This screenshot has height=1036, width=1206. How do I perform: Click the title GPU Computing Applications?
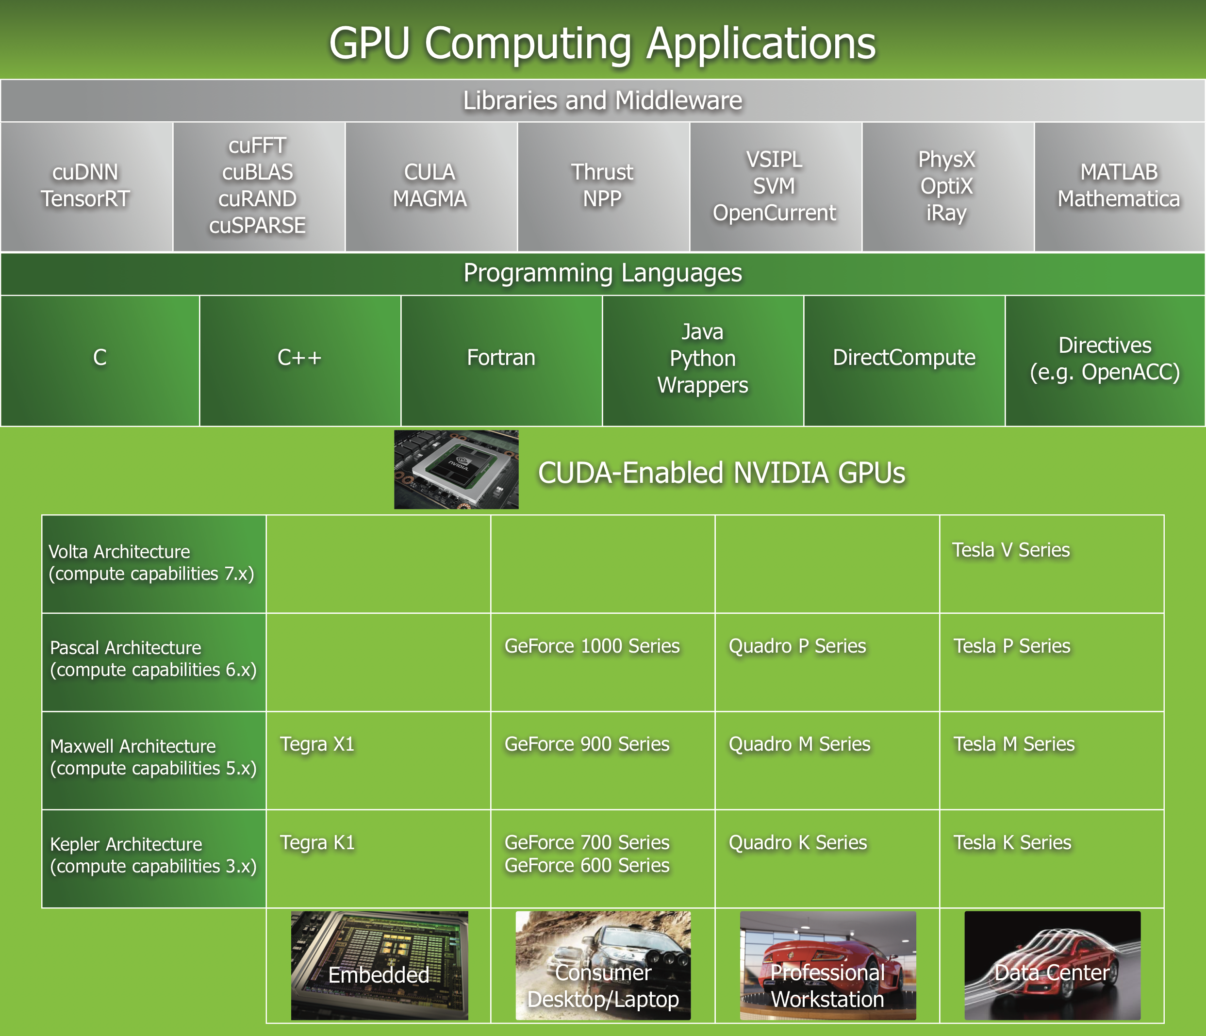pyautogui.click(x=602, y=43)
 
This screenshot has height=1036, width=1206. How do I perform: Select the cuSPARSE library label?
pyautogui.click(x=257, y=225)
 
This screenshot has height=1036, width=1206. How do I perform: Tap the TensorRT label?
pyautogui.click(x=85, y=199)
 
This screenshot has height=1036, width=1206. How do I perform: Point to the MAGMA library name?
pyautogui.click(x=430, y=199)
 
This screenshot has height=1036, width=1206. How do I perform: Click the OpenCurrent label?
pyautogui.click(x=774, y=213)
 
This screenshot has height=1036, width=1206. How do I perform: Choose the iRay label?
pyautogui.click(x=946, y=213)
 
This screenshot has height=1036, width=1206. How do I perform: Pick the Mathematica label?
pyautogui.click(x=1119, y=199)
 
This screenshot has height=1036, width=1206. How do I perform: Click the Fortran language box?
pyautogui.click(x=501, y=358)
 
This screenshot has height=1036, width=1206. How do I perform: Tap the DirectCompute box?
pyautogui.click(x=904, y=358)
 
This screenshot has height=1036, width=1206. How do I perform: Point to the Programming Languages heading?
pyautogui.click(x=602, y=273)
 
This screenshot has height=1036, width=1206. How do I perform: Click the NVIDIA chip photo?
pyautogui.click(x=456, y=470)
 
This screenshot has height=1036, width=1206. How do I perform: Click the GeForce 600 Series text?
pyautogui.click(x=587, y=866)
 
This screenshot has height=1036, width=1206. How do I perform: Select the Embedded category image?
pyautogui.click(x=379, y=966)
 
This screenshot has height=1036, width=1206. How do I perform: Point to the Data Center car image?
pyautogui.click(x=1052, y=966)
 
